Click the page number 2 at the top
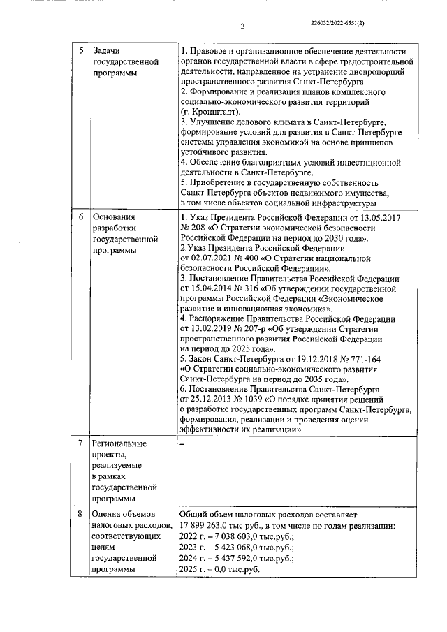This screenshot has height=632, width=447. [x=242, y=27]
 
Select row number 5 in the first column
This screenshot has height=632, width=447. [x=81, y=52]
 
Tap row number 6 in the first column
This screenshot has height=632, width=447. [x=81, y=217]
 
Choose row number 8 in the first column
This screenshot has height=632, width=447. [x=81, y=514]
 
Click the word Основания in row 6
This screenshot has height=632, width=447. [x=115, y=217]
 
